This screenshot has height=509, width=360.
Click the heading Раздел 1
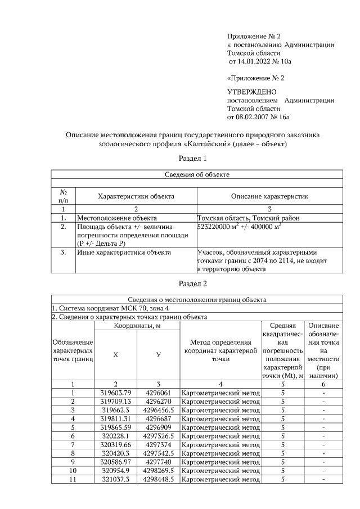coord(193,159)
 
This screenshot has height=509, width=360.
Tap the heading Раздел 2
coord(193,283)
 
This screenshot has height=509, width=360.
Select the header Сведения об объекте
coord(197,175)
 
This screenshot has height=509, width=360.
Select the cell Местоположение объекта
coord(116,218)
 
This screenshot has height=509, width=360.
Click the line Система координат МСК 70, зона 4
coord(110,308)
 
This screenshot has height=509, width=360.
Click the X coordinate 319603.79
coord(115,393)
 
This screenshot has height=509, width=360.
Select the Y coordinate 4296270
coord(158,401)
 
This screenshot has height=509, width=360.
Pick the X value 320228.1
coord(115,435)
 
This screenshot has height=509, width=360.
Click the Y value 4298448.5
coord(158,479)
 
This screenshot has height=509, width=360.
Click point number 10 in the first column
coord(73,470)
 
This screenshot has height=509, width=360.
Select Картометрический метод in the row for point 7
coord(220,444)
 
